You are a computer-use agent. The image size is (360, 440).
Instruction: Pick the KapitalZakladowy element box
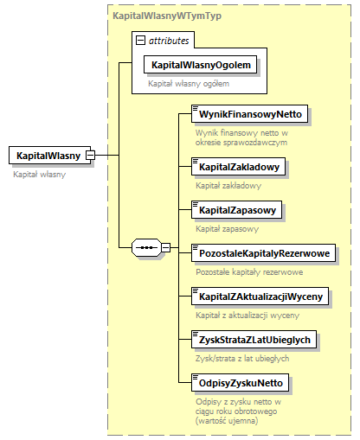(238, 165)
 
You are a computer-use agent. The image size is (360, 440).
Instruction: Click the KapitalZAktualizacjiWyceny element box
(260, 297)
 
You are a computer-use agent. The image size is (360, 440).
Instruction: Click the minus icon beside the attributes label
(140, 41)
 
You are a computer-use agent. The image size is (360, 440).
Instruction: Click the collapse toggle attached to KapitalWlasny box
(101, 156)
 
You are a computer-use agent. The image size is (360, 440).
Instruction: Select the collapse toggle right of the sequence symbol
(166, 249)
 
